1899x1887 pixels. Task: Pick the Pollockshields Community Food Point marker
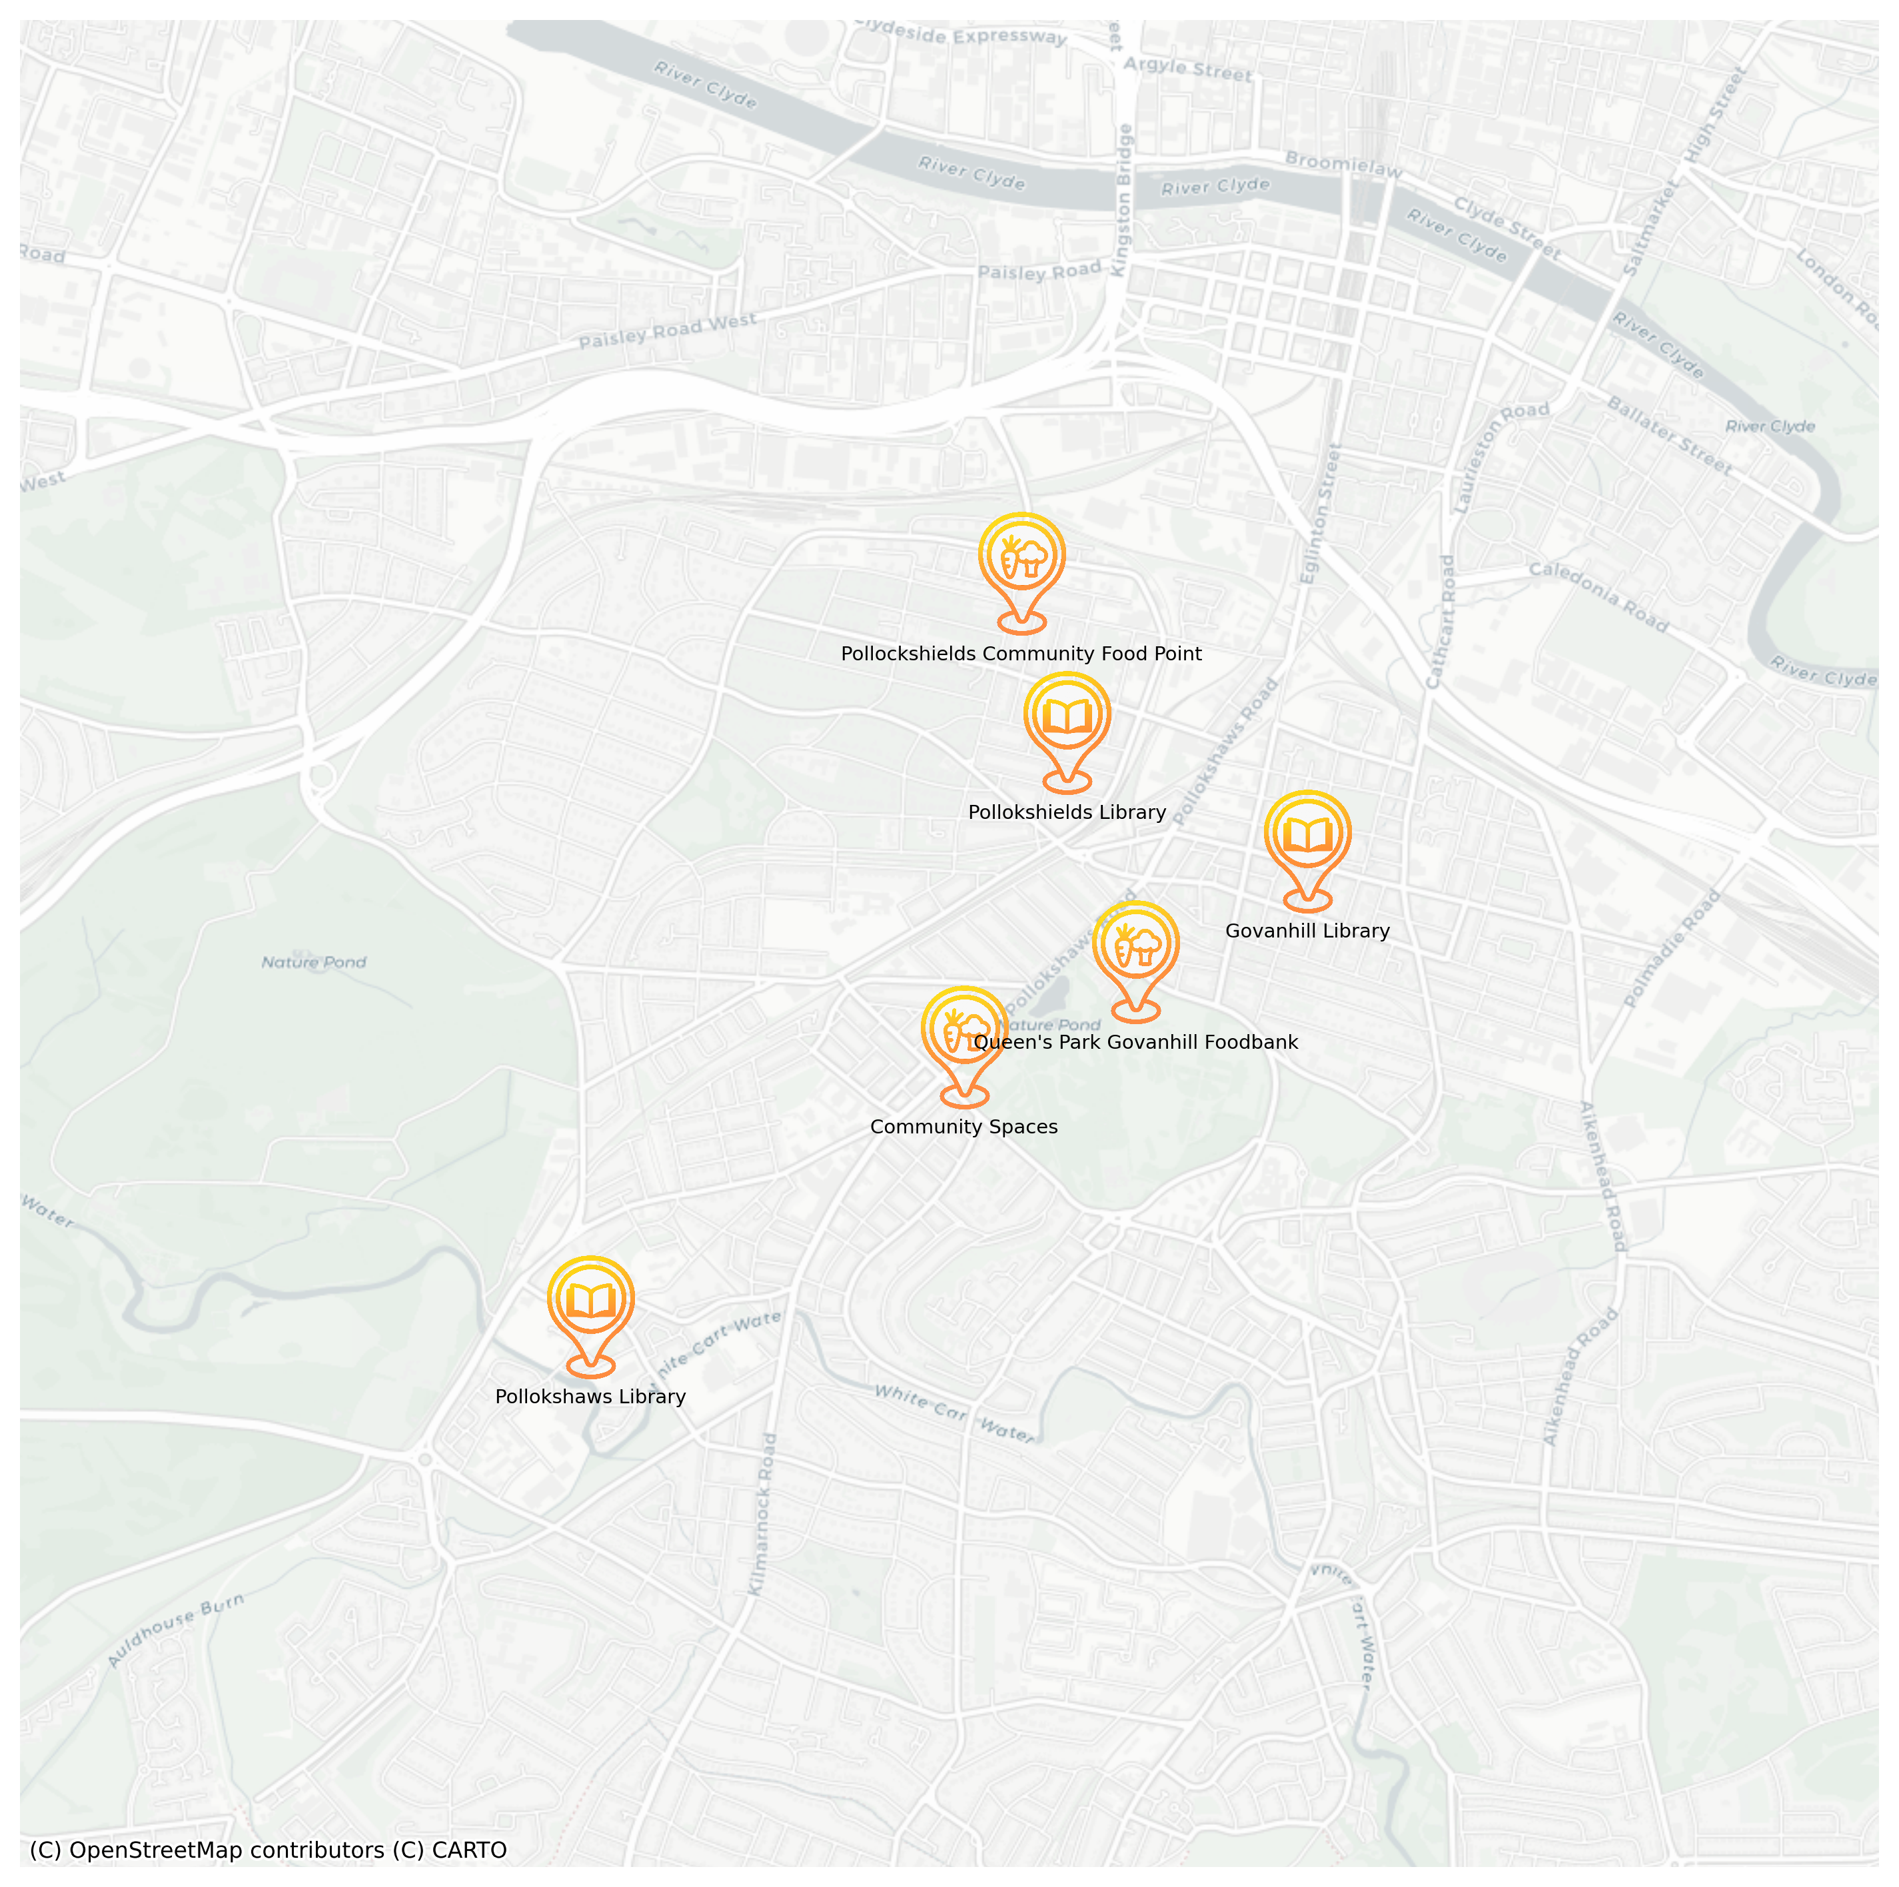1021,557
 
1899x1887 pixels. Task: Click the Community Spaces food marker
964,1030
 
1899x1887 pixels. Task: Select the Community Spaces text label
963,1127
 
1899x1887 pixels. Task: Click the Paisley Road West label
668,331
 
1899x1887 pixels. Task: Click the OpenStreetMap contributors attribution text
267,1850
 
